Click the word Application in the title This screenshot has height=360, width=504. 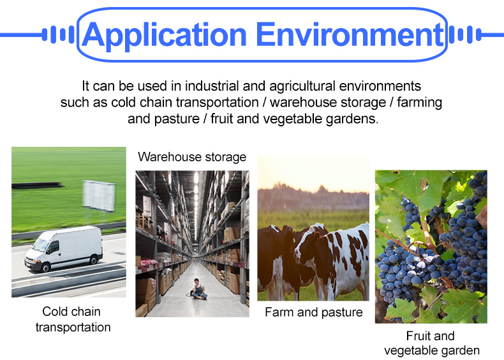[x=165, y=35]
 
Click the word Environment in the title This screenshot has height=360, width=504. [x=350, y=34]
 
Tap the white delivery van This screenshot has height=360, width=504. [x=64, y=248]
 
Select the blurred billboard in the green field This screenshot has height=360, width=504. [x=99, y=195]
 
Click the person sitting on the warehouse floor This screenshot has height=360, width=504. [x=198, y=289]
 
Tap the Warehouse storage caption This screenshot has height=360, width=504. [x=192, y=157]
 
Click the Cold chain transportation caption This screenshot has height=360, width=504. [x=73, y=319]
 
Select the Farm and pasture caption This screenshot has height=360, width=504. [x=314, y=312]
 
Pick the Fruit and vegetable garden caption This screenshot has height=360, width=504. [x=431, y=343]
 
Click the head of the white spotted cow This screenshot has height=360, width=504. [x=306, y=246]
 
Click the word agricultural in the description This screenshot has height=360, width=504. [x=302, y=87]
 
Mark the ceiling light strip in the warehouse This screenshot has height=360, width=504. [x=196, y=199]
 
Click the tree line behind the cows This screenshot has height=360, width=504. [x=313, y=197]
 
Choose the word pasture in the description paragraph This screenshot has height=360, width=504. [x=177, y=119]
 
